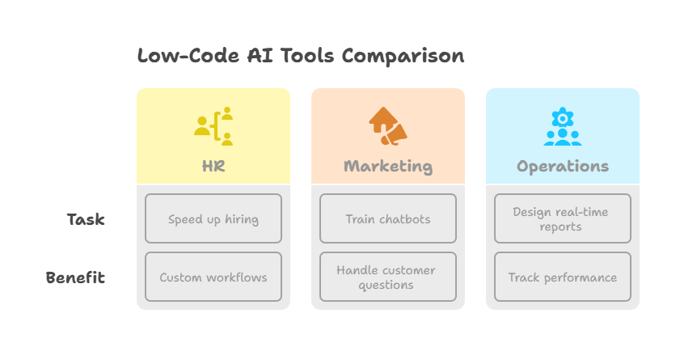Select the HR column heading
[213, 167]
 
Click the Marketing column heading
[388, 167]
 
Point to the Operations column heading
[563, 167]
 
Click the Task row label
[86, 219]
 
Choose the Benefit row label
[75, 277]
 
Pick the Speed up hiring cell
[213, 218]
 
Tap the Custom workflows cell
[213, 277]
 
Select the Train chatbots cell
[388, 218]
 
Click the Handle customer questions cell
[388, 277]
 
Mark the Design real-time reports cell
[563, 218]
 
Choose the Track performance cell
[563, 277]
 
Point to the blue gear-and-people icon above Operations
[563, 126]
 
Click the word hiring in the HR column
[240, 219]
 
